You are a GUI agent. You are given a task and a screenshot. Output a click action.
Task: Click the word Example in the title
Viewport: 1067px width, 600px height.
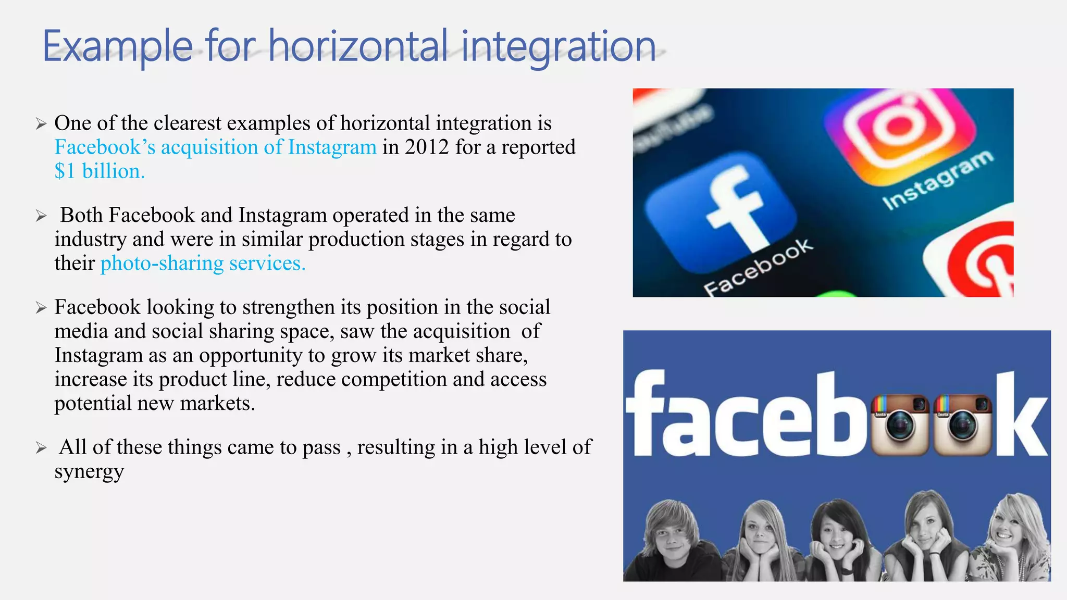(x=118, y=47)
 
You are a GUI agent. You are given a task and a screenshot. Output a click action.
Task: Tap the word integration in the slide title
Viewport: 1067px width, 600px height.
(x=558, y=47)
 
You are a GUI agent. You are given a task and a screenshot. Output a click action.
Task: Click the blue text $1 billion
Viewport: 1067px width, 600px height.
(x=100, y=171)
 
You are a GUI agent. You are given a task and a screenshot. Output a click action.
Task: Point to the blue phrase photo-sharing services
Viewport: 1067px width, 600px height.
(x=203, y=264)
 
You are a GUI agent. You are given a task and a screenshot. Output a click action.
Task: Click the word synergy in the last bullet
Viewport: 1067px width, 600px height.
(x=89, y=471)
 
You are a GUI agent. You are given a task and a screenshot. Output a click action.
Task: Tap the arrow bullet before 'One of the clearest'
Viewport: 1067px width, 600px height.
(x=41, y=124)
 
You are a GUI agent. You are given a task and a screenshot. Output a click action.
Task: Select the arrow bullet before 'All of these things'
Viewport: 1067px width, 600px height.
(x=41, y=447)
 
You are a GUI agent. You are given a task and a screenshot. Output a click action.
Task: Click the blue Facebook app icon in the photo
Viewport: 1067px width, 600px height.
(x=722, y=211)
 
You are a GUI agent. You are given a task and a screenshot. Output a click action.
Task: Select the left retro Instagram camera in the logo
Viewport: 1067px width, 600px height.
(x=900, y=424)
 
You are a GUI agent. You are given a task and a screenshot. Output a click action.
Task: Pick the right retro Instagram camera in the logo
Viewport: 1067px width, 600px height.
(x=962, y=424)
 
